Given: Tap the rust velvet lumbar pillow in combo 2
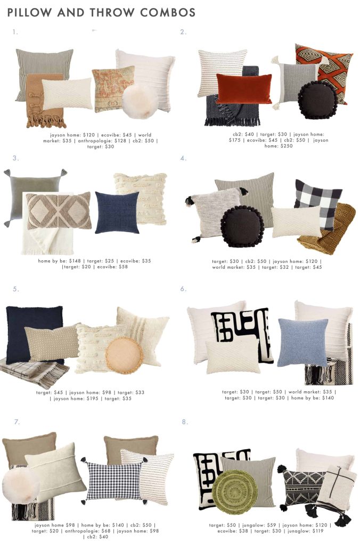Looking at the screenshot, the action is click(x=244, y=88).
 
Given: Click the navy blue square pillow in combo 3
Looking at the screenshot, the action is click(x=117, y=212).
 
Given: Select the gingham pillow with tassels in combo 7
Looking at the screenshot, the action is click(x=114, y=481).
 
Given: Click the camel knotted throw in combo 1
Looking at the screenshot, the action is click(x=45, y=101).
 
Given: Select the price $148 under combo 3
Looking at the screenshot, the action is click(x=75, y=261).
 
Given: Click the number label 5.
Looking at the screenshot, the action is click(x=15, y=289).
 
